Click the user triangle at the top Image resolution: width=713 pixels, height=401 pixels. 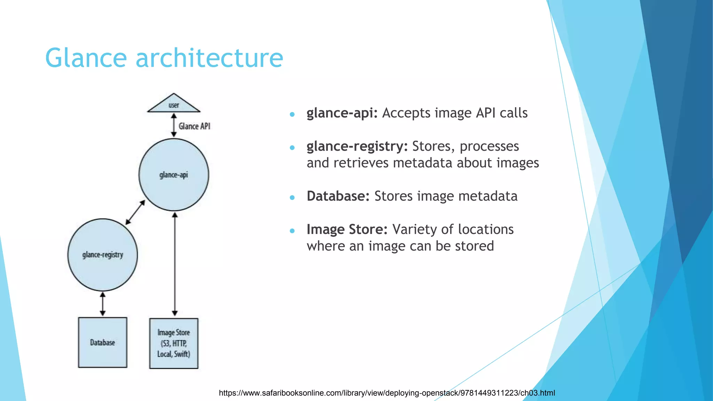coord(174,104)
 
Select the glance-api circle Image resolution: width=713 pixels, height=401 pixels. coord(174,175)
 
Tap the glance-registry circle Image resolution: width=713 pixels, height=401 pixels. coord(103,255)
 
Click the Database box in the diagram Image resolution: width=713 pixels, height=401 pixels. coord(103,343)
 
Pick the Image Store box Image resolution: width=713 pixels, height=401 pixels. coord(174,343)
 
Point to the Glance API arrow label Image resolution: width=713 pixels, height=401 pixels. coord(194,126)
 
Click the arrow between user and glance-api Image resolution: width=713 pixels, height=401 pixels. coord(174,125)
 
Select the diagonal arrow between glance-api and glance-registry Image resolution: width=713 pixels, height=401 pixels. coord(135,212)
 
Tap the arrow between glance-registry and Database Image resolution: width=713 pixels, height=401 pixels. coord(103,304)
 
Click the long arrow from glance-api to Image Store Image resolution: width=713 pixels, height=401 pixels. coord(175,265)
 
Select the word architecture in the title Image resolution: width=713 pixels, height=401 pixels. coord(209,58)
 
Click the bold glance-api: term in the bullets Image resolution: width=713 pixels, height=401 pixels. coord(342,113)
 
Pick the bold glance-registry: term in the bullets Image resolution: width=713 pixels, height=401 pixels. coord(357,147)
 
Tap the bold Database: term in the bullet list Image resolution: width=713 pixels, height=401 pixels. coord(338,196)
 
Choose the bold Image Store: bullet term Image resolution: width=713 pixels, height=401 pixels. coord(347,229)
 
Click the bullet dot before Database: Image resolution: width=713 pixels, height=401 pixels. coord(292,198)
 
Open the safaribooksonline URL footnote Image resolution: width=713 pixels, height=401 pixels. coord(386,393)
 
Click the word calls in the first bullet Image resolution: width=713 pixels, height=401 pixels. coord(514,113)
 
